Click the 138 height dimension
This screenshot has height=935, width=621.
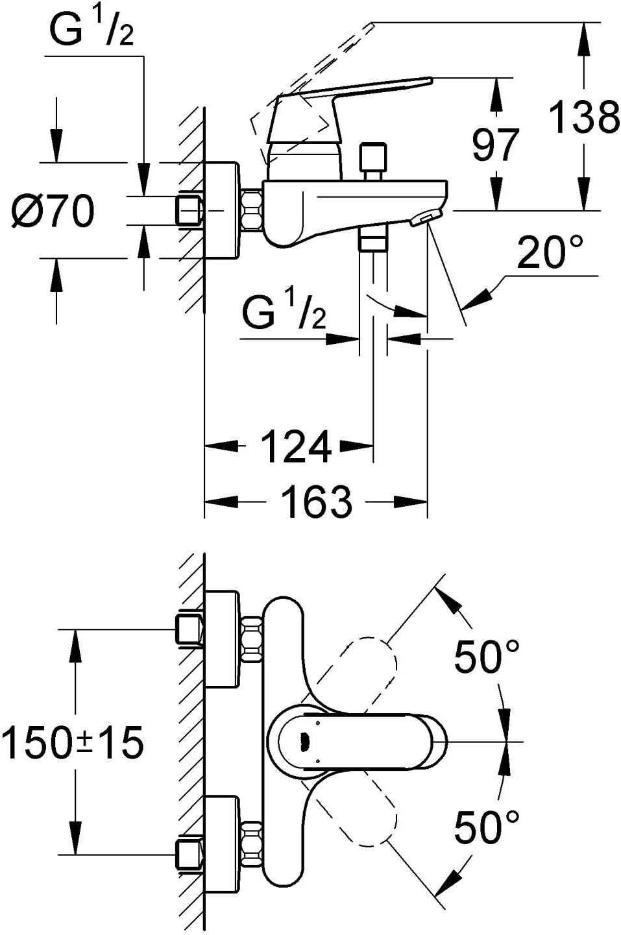coord(584,117)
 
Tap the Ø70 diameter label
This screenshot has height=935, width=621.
coord(53,211)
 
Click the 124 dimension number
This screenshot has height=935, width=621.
coord(296,446)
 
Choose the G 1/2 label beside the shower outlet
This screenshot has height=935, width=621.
coord(284,314)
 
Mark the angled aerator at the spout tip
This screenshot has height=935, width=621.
coord(426,218)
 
